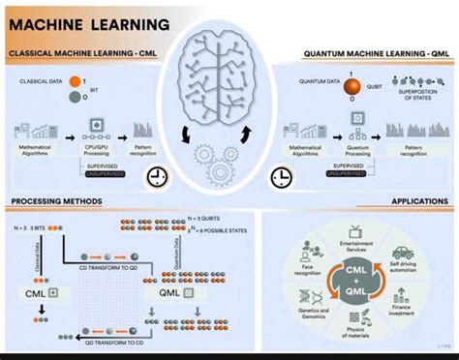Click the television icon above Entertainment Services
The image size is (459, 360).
[356, 231]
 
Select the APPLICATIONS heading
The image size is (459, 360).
[418, 201]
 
